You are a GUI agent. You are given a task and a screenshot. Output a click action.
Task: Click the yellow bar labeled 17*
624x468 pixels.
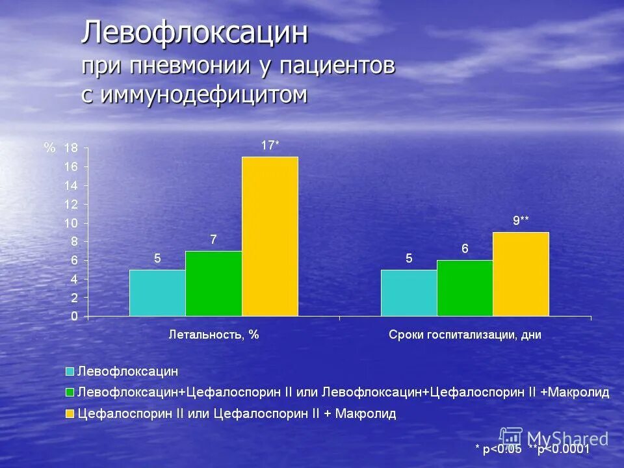click(x=270, y=237)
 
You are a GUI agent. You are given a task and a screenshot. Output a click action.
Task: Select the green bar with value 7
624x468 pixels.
click(x=213, y=283)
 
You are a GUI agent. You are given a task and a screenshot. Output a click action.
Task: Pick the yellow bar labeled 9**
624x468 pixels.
click(x=521, y=274)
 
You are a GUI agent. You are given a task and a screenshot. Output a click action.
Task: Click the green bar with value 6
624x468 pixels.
click(x=465, y=288)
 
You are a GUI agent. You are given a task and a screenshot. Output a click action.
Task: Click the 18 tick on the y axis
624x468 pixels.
click(x=70, y=148)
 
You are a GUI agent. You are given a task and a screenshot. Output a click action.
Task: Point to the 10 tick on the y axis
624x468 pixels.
click(x=70, y=223)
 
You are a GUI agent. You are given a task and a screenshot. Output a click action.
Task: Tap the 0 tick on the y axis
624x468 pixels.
click(x=74, y=317)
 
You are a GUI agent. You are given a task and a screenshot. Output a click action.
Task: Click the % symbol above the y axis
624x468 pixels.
click(x=49, y=148)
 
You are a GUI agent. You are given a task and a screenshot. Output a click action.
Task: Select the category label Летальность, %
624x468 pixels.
click(x=214, y=335)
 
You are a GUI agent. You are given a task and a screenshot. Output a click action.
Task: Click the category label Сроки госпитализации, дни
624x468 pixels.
click(x=465, y=335)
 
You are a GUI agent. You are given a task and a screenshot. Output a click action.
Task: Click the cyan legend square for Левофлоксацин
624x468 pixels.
click(x=69, y=372)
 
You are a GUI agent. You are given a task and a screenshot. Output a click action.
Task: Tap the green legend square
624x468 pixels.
click(x=69, y=393)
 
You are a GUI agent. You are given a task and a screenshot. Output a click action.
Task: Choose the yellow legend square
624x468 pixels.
click(x=69, y=413)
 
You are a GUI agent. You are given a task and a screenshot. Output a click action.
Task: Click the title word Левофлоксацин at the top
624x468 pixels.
click(x=194, y=33)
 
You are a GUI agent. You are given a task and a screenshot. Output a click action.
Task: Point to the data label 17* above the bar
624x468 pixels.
click(x=270, y=146)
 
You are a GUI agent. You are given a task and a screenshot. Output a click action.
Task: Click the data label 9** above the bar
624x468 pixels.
click(x=521, y=221)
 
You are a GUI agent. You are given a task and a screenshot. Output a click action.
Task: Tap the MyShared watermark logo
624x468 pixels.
click(x=512, y=438)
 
